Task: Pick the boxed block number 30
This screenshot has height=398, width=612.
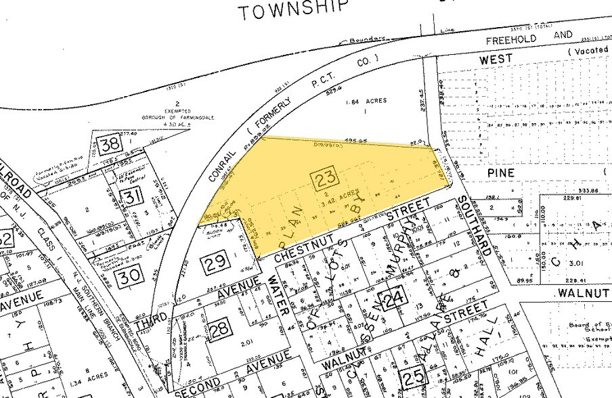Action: point(128,275)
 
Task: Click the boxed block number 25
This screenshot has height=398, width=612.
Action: point(412,375)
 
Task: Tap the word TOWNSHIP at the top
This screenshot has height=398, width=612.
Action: point(293,9)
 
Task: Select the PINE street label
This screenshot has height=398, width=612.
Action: point(502,173)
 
